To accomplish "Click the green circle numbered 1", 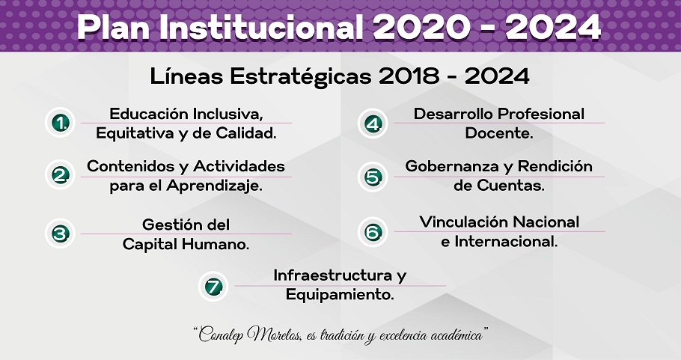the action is (61, 123).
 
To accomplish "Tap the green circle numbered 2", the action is (61, 175).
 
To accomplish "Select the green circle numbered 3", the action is (61, 234).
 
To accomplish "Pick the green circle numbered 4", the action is (373, 123).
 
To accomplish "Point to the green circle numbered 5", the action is (373, 177).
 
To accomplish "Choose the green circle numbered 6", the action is (373, 232).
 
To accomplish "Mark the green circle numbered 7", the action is (214, 286).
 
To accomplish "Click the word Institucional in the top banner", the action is (260, 28).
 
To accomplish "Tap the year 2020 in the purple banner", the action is (421, 28).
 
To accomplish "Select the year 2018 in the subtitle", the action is (409, 76).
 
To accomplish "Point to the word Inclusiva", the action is (228, 114).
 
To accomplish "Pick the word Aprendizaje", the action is (215, 186).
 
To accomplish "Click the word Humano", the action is (216, 244).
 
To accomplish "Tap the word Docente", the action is (499, 133).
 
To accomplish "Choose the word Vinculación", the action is (464, 222).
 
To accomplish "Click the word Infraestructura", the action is (333, 275).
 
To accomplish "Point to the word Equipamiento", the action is (340, 296).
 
